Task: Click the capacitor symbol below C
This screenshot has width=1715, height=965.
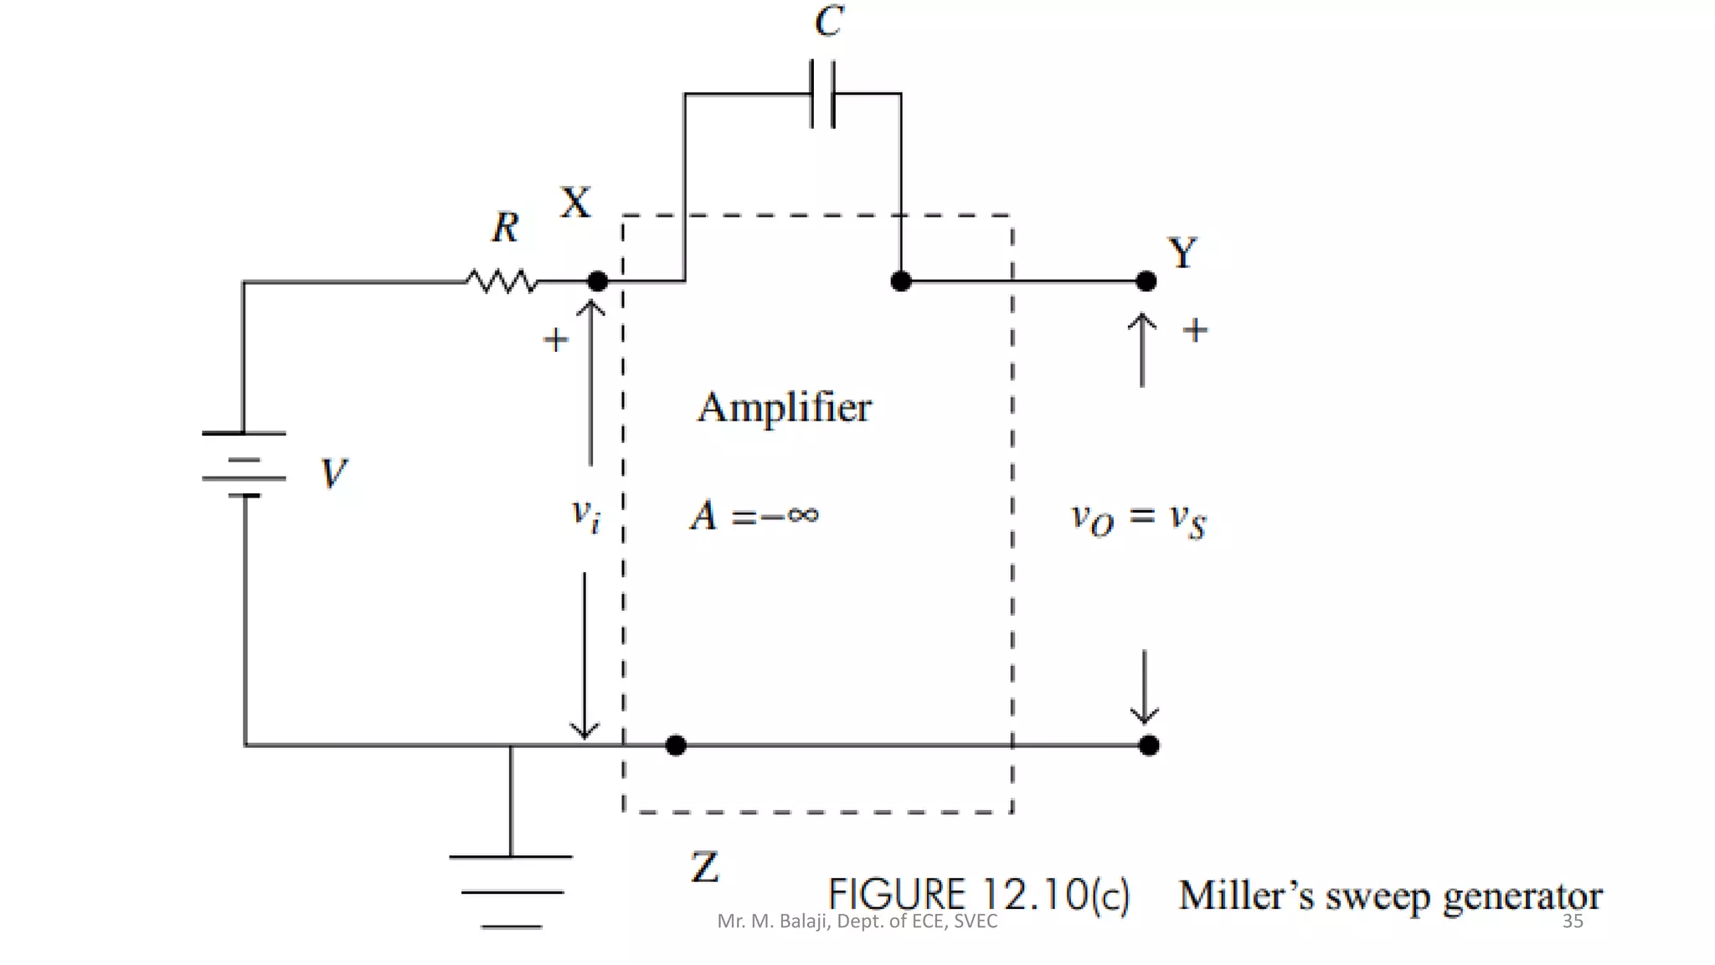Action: pos(822,94)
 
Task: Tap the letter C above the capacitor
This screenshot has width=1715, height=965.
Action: pos(829,21)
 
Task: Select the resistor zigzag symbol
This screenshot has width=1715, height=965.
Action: pos(502,281)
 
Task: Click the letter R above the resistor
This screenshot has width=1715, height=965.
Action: pos(505,228)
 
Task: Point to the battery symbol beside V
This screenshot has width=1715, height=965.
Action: pos(244,465)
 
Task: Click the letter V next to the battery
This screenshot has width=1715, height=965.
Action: pos(333,473)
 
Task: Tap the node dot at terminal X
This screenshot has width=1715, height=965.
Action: pos(597,281)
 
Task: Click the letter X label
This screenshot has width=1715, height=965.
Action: pos(575,203)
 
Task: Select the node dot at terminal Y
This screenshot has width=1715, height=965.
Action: pos(1146,281)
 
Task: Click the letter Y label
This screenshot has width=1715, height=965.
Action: pos(1182,253)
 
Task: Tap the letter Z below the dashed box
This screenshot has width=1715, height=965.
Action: pos(704,867)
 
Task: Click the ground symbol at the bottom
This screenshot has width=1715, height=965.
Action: pos(511,891)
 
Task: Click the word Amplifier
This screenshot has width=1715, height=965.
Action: pos(785,408)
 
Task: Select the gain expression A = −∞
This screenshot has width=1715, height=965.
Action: pos(754,515)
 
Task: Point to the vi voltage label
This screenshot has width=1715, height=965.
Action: pos(585,514)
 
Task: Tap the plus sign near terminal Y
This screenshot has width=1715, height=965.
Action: pos(1195,330)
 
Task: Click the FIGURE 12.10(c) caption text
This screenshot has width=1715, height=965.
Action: pos(978,895)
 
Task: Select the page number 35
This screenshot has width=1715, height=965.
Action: pos(1572,921)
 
